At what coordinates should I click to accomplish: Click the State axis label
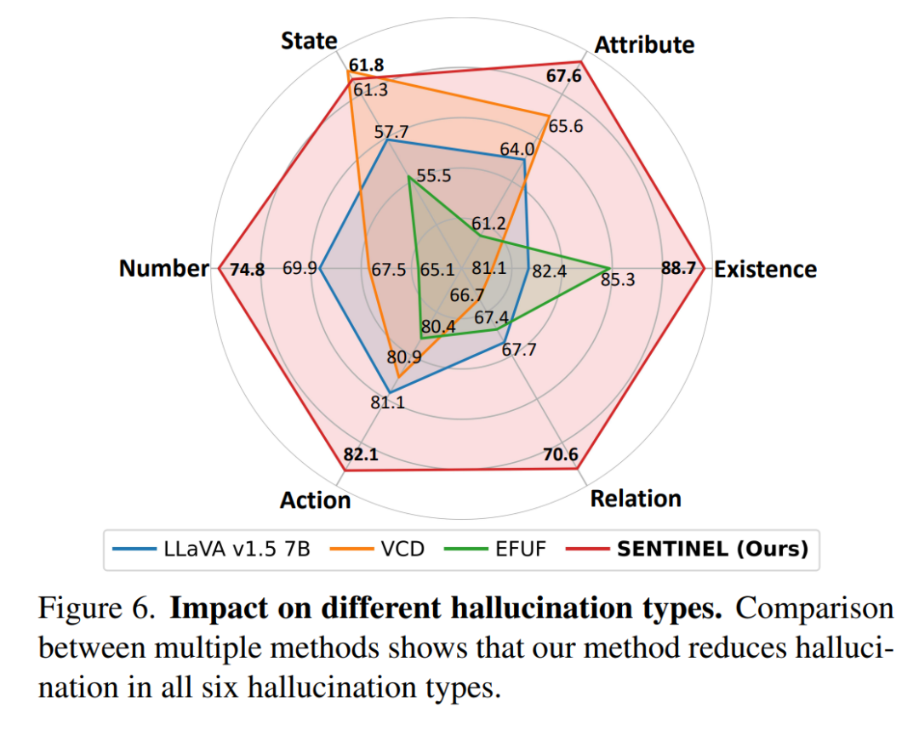pyautogui.click(x=309, y=41)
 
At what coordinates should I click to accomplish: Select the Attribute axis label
pyautogui.click(x=644, y=44)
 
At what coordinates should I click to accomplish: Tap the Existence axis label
pyautogui.click(x=765, y=269)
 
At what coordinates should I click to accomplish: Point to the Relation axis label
pyautogui.click(x=636, y=498)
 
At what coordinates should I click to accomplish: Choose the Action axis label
pyautogui.click(x=316, y=499)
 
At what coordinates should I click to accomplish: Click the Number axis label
pyautogui.click(x=164, y=268)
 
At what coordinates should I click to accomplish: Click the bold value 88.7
pyautogui.click(x=679, y=268)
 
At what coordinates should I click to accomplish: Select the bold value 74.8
pyautogui.click(x=247, y=270)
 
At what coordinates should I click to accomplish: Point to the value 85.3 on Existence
pyautogui.click(x=618, y=280)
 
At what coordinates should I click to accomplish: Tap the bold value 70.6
pyautogui.click(x=560, y=454)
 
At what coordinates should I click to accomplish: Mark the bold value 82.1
pyautogui.click(x=361, y=454)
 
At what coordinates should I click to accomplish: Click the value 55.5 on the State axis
pyautogui.click(x=434, y=176)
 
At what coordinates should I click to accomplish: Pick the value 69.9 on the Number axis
pyautogui.click(x=300, y=268)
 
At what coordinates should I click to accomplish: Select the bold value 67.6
pyautogui.click(x=564, y=76)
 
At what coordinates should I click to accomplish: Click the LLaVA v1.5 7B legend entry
pyautogui.click(x=211, y=549)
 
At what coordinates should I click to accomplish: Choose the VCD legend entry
pyautogui.click(x=378, y=549)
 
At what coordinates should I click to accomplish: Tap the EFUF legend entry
pyautogui.click(x=495, y=549)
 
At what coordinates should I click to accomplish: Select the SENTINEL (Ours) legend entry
pyautogui.click(x=688, y=549)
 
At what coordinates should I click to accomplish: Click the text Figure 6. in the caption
pyautogui.click(x=97, y=608)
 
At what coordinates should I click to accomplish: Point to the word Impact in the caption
pyautogui.click(x=219, y=609)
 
